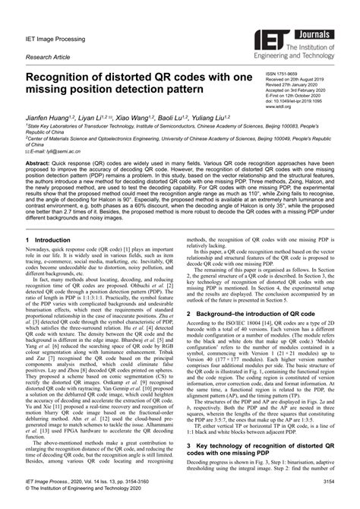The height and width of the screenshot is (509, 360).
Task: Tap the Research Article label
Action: (47, 56)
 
